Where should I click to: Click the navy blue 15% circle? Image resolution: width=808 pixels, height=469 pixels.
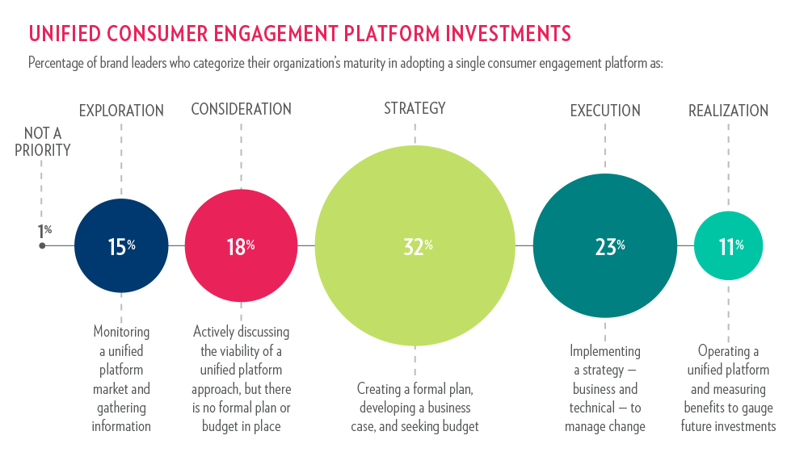click(121, 245)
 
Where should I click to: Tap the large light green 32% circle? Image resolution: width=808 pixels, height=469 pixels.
click(415, 245)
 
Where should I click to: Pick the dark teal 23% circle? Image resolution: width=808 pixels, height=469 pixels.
click(605, 245)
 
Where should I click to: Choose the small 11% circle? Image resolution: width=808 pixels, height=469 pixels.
click(728, 245)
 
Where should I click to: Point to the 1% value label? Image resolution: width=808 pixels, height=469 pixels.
click(44, 231)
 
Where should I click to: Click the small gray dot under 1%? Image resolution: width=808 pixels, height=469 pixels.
click(42, 245)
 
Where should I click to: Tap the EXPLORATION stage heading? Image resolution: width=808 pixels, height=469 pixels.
click(121, 111)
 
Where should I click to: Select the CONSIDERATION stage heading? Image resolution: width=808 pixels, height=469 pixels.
click(241, 109)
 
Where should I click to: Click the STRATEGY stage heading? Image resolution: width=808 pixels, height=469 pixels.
click(415, 108)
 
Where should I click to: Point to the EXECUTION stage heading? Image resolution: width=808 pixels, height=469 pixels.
click(605, 111)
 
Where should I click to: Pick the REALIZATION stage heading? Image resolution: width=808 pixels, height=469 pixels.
click(728, 111)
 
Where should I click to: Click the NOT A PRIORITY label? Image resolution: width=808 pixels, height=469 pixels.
click(42, 141)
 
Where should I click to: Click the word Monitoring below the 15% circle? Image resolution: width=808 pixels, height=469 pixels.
click(121, 332)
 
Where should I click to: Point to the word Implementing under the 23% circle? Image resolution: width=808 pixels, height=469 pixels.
click(605, 351)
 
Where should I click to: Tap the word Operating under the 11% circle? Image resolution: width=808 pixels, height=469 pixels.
click(728, 351)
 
